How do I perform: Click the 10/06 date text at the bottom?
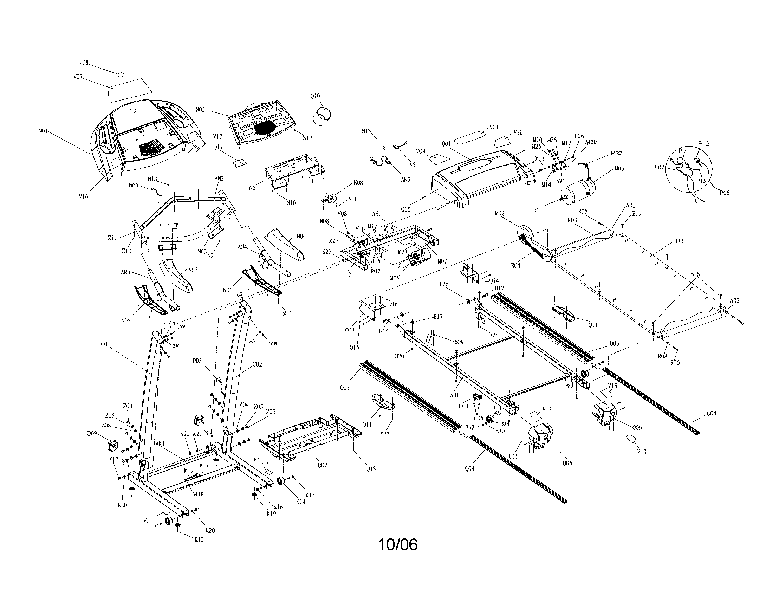398,545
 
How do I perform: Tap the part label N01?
43,131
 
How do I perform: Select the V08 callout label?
84,63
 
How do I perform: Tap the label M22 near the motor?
616,154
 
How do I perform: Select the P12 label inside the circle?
704,144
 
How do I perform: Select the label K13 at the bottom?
199,539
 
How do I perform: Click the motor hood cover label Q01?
446,144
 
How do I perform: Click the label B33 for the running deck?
678,241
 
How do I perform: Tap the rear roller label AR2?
734,301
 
